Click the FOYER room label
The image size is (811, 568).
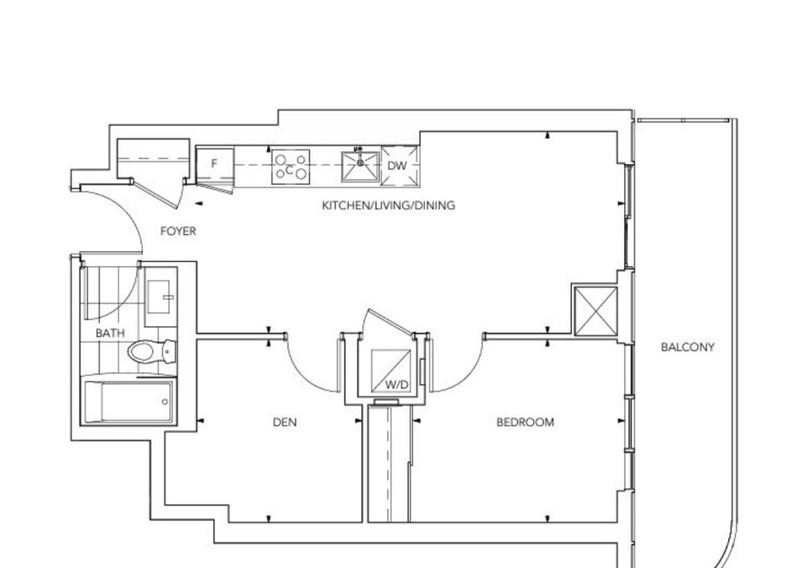coord(178,232)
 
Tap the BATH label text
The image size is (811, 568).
coord(110,333)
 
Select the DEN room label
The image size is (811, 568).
coord(285,423)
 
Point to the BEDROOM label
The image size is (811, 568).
coord(525,422)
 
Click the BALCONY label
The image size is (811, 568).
coord(688,347)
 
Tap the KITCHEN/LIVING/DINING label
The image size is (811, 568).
coord(389,205)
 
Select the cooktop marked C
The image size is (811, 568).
coord(291,167)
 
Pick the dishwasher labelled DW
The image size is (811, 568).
coord(400,166)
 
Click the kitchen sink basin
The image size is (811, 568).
coord(360,167)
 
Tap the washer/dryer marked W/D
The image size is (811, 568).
coord(391,370)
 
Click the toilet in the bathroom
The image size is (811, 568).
coord(152,352)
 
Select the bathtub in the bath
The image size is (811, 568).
coord(128,402)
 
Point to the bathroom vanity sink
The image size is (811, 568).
coord(161,297)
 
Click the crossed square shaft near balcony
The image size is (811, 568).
coord(596,311)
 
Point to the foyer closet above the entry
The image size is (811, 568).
coord(153,158)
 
